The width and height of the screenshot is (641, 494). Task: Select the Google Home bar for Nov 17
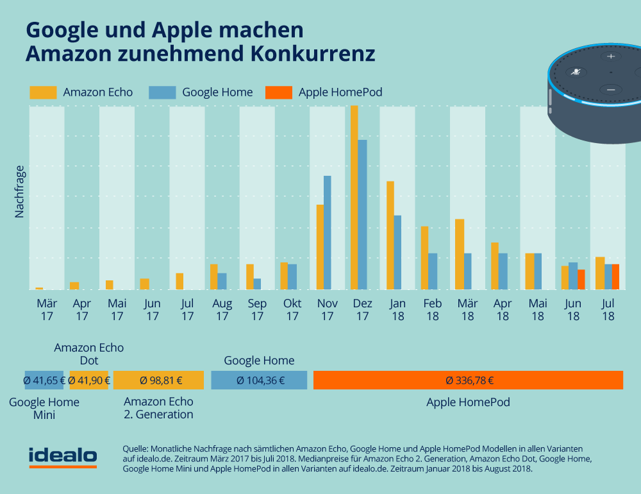(327, 232)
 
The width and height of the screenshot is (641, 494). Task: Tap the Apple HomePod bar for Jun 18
(581, 280)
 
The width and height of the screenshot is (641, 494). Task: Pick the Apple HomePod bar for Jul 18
(615, 277)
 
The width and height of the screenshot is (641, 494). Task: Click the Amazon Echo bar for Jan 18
(389, 235)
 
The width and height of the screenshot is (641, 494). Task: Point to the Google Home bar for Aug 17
(222, 281)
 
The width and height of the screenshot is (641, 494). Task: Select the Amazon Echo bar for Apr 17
(74, 285)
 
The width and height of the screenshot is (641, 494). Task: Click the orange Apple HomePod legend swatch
(278, 92)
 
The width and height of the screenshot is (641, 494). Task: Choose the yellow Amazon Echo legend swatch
(43, 92)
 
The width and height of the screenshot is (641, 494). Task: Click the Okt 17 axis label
(292, 309)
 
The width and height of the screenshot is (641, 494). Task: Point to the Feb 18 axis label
(433, 309)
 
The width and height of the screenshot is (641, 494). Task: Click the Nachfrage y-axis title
(19, 192)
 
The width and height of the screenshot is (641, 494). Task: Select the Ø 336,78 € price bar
(469, 380)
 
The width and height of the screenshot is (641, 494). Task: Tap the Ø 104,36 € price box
(259, 380)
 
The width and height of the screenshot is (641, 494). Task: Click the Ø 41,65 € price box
(45, 380)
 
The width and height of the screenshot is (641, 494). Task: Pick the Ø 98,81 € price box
(158, 380)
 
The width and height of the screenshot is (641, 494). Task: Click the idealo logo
(63, 456)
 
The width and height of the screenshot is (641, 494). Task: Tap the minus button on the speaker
(610, 90)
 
